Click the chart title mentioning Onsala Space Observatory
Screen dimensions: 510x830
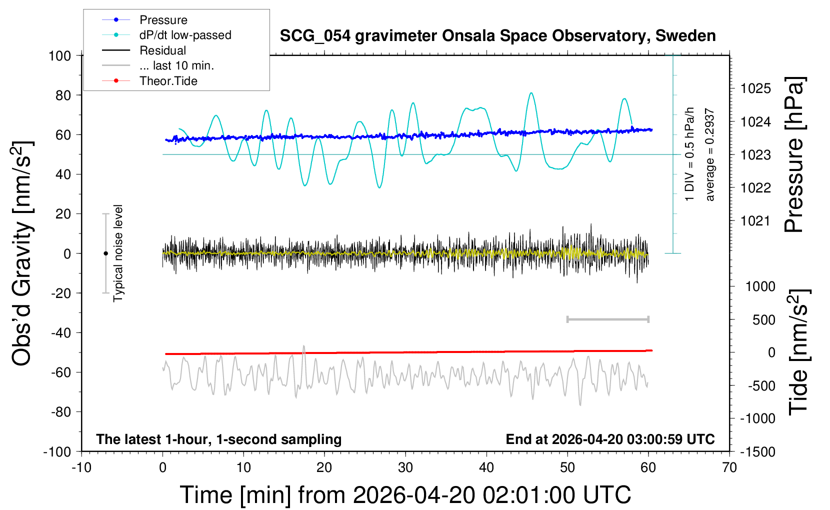497,36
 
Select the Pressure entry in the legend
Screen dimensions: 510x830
163,20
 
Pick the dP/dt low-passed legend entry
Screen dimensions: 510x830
185,35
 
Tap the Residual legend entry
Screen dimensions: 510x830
162,50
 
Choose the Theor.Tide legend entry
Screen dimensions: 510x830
168,81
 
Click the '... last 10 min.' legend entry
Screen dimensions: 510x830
176,65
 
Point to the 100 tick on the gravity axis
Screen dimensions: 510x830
59,55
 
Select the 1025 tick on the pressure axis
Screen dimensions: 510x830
755,88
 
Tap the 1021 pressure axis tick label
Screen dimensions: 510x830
755,220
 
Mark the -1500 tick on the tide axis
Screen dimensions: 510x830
757,452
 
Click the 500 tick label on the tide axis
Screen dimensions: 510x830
763,320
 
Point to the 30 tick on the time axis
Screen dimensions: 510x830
405,468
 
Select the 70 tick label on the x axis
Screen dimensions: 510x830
729,468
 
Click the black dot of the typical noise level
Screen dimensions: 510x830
105,253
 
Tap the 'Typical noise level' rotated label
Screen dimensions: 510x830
118,253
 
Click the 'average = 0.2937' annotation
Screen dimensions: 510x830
710,155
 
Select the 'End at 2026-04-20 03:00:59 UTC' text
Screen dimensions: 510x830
610,439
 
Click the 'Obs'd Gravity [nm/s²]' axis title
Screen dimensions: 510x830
22,253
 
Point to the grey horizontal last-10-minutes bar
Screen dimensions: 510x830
607,319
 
